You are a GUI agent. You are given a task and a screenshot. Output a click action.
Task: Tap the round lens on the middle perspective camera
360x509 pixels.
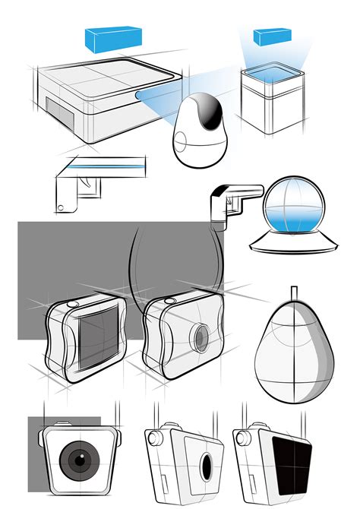click(201, 336)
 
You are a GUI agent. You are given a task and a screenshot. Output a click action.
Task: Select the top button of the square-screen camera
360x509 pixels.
click(73, 304)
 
